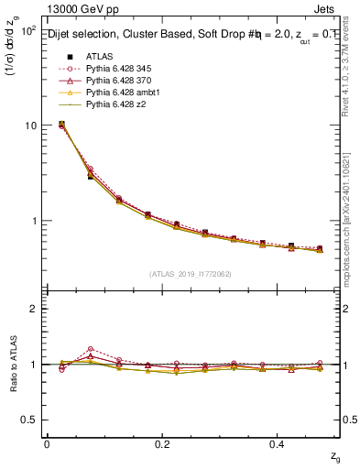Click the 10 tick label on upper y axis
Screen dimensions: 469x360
pos(30,125)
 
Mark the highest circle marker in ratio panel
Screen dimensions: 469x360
pos(90,349)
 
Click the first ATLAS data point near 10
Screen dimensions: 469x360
pos(60,124)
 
